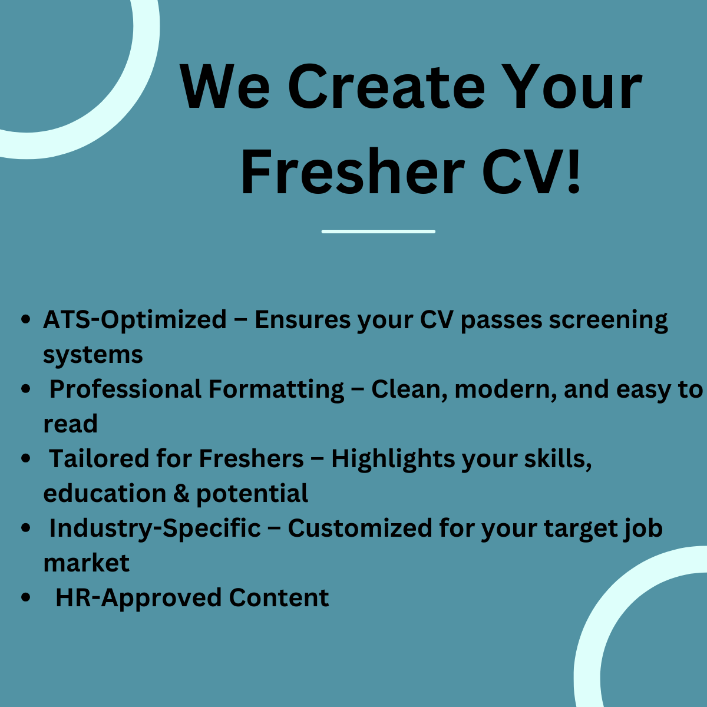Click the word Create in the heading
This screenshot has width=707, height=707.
(386, 87)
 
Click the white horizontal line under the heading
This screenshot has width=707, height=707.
(378, 232)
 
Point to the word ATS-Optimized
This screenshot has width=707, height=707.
(135, 320)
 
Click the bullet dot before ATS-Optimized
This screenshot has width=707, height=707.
(26, 319)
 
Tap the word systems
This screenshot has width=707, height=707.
(93, 355)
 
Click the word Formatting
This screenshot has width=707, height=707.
(276, 390)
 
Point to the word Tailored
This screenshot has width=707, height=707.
(99, 459)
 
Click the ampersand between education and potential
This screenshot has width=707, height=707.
(181, 494)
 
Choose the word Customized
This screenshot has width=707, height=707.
(360, 528)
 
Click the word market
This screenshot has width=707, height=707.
(87, 563)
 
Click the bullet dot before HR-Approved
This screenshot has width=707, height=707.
(26, 597)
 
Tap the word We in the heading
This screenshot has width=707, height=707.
(224, 87)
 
